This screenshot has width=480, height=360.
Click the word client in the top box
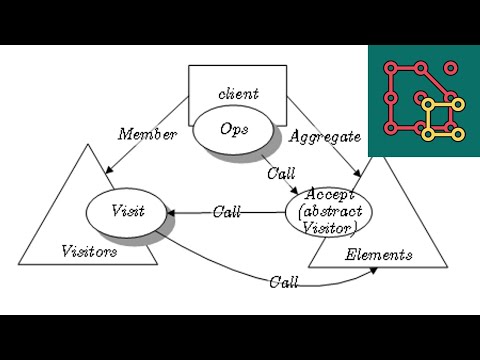click(x=238, y=93)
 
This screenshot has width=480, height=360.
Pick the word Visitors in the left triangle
click(x=90, y=250)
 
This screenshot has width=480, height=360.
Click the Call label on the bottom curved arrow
click(x=283, y=282)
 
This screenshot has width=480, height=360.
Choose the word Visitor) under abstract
click(x=330, y=230)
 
